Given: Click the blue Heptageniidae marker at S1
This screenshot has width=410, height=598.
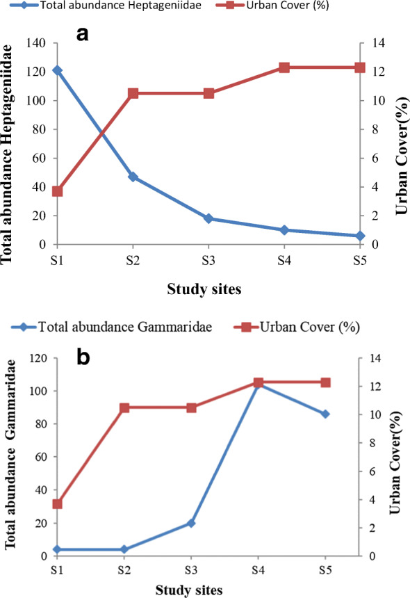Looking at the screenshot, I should pos(57,70).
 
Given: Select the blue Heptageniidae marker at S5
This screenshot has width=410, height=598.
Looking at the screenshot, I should pos(360,236).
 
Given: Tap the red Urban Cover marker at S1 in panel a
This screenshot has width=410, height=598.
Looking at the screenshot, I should pos(57,191).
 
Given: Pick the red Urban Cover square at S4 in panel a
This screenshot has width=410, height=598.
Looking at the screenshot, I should pos(284,67).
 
